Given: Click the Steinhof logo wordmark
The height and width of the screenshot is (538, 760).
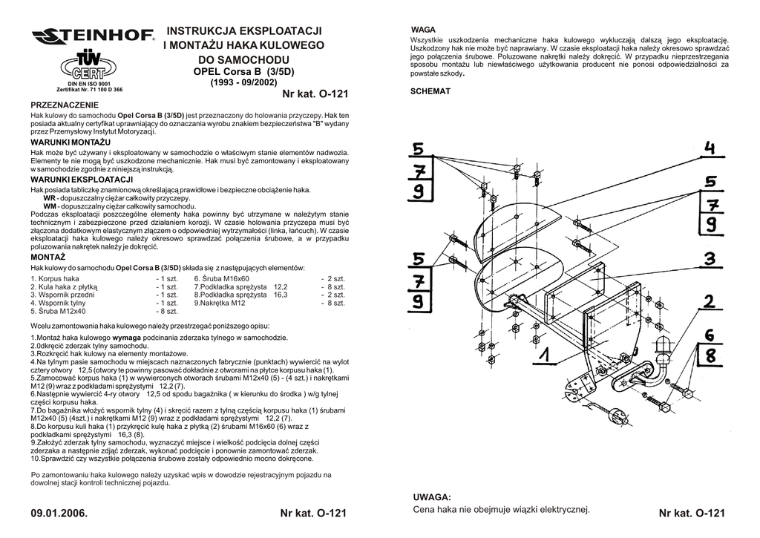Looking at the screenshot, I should pyautogui.click(x=92, y=36).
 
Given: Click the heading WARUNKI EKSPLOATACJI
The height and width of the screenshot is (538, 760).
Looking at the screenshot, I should pyautogui.click(x=81, y=180).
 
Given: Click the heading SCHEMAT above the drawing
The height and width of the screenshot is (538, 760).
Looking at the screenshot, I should pyautogui.click(x=430, y=91).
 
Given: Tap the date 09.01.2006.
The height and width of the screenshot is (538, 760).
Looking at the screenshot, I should pyautogui.click(x=59, y=514).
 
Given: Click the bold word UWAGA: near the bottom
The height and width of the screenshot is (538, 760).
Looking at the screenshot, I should pyautogui.click(x=431, y=496).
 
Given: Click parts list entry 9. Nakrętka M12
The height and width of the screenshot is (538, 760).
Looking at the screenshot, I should pyautogui.click(x=220, y=303).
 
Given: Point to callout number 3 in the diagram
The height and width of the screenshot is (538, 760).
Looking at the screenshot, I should pyautogui.click(x=710, y=259).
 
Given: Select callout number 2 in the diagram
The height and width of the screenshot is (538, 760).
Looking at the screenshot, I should pyautogui.click(x=710, y=301).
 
